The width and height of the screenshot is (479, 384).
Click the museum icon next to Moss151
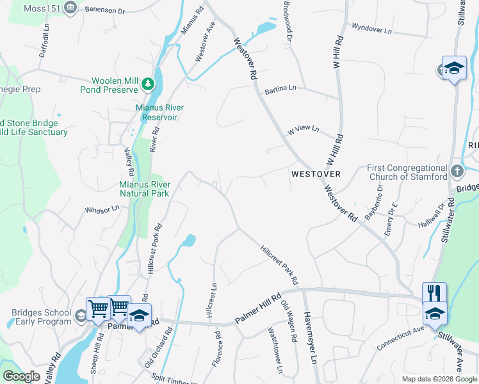[71, 8]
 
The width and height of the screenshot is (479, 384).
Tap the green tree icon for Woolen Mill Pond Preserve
[148, 84]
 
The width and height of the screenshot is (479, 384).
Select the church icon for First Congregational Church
[457, 171]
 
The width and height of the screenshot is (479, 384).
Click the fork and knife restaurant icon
[434, 293]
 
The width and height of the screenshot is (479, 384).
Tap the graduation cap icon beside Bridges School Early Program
[81, 316]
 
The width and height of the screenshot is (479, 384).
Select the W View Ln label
[303, 129]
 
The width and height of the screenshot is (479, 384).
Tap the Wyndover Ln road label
[371, 29]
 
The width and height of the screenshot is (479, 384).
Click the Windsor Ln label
[102, 209]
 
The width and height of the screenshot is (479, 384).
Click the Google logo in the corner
[21, 376]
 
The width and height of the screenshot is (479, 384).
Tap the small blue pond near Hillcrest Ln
[188, 241]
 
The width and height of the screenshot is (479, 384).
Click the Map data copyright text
[439, 379]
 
